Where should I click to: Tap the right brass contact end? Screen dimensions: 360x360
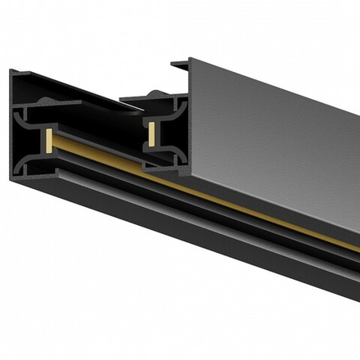152,128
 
